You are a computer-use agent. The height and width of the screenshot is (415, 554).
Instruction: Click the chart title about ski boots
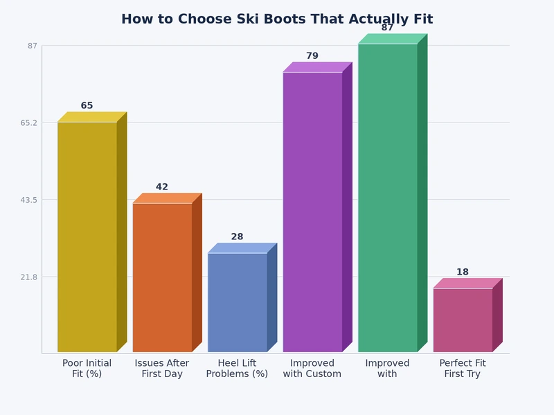277,19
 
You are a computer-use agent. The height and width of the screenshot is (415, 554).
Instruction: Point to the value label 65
87,106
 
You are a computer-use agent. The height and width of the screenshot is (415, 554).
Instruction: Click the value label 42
162,187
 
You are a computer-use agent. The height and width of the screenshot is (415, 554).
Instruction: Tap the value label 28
237,237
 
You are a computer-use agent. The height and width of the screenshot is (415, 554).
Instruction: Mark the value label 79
312,56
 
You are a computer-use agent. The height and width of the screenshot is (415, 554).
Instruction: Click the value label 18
463,273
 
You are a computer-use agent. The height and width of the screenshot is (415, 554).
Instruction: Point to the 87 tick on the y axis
33,46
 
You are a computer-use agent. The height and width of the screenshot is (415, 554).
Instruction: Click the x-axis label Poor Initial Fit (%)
87,369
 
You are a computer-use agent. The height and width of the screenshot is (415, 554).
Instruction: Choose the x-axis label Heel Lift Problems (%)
237,369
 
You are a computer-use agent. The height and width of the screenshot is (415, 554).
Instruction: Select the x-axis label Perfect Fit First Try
463,369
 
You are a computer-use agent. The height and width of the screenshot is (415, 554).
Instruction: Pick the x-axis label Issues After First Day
162,369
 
